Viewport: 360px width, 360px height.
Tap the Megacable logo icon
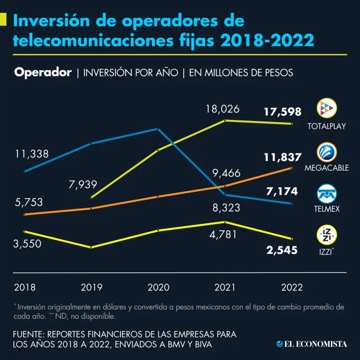tap(327, 152)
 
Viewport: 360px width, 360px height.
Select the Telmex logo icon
tap(327, 193)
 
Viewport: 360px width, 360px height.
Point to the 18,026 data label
tap(223, 109)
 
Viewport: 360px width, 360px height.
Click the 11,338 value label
tap(31, 154)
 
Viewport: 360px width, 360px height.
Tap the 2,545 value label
tap(282, 250)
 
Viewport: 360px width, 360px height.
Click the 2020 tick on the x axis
tap(158, 287)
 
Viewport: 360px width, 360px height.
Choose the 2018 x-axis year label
tap(25, 287)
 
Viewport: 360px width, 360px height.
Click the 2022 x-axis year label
tap(292, 287)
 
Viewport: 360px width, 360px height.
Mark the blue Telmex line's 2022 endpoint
tap(292, 203)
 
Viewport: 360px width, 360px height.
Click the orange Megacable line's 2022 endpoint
tap(292, 168)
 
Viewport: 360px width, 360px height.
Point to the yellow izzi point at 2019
tap(91, 247)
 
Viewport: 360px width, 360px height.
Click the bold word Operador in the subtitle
tap(43, 73)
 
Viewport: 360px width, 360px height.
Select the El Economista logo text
tap(312, 345)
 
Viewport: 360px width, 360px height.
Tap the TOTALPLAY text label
tap(327, 127)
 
